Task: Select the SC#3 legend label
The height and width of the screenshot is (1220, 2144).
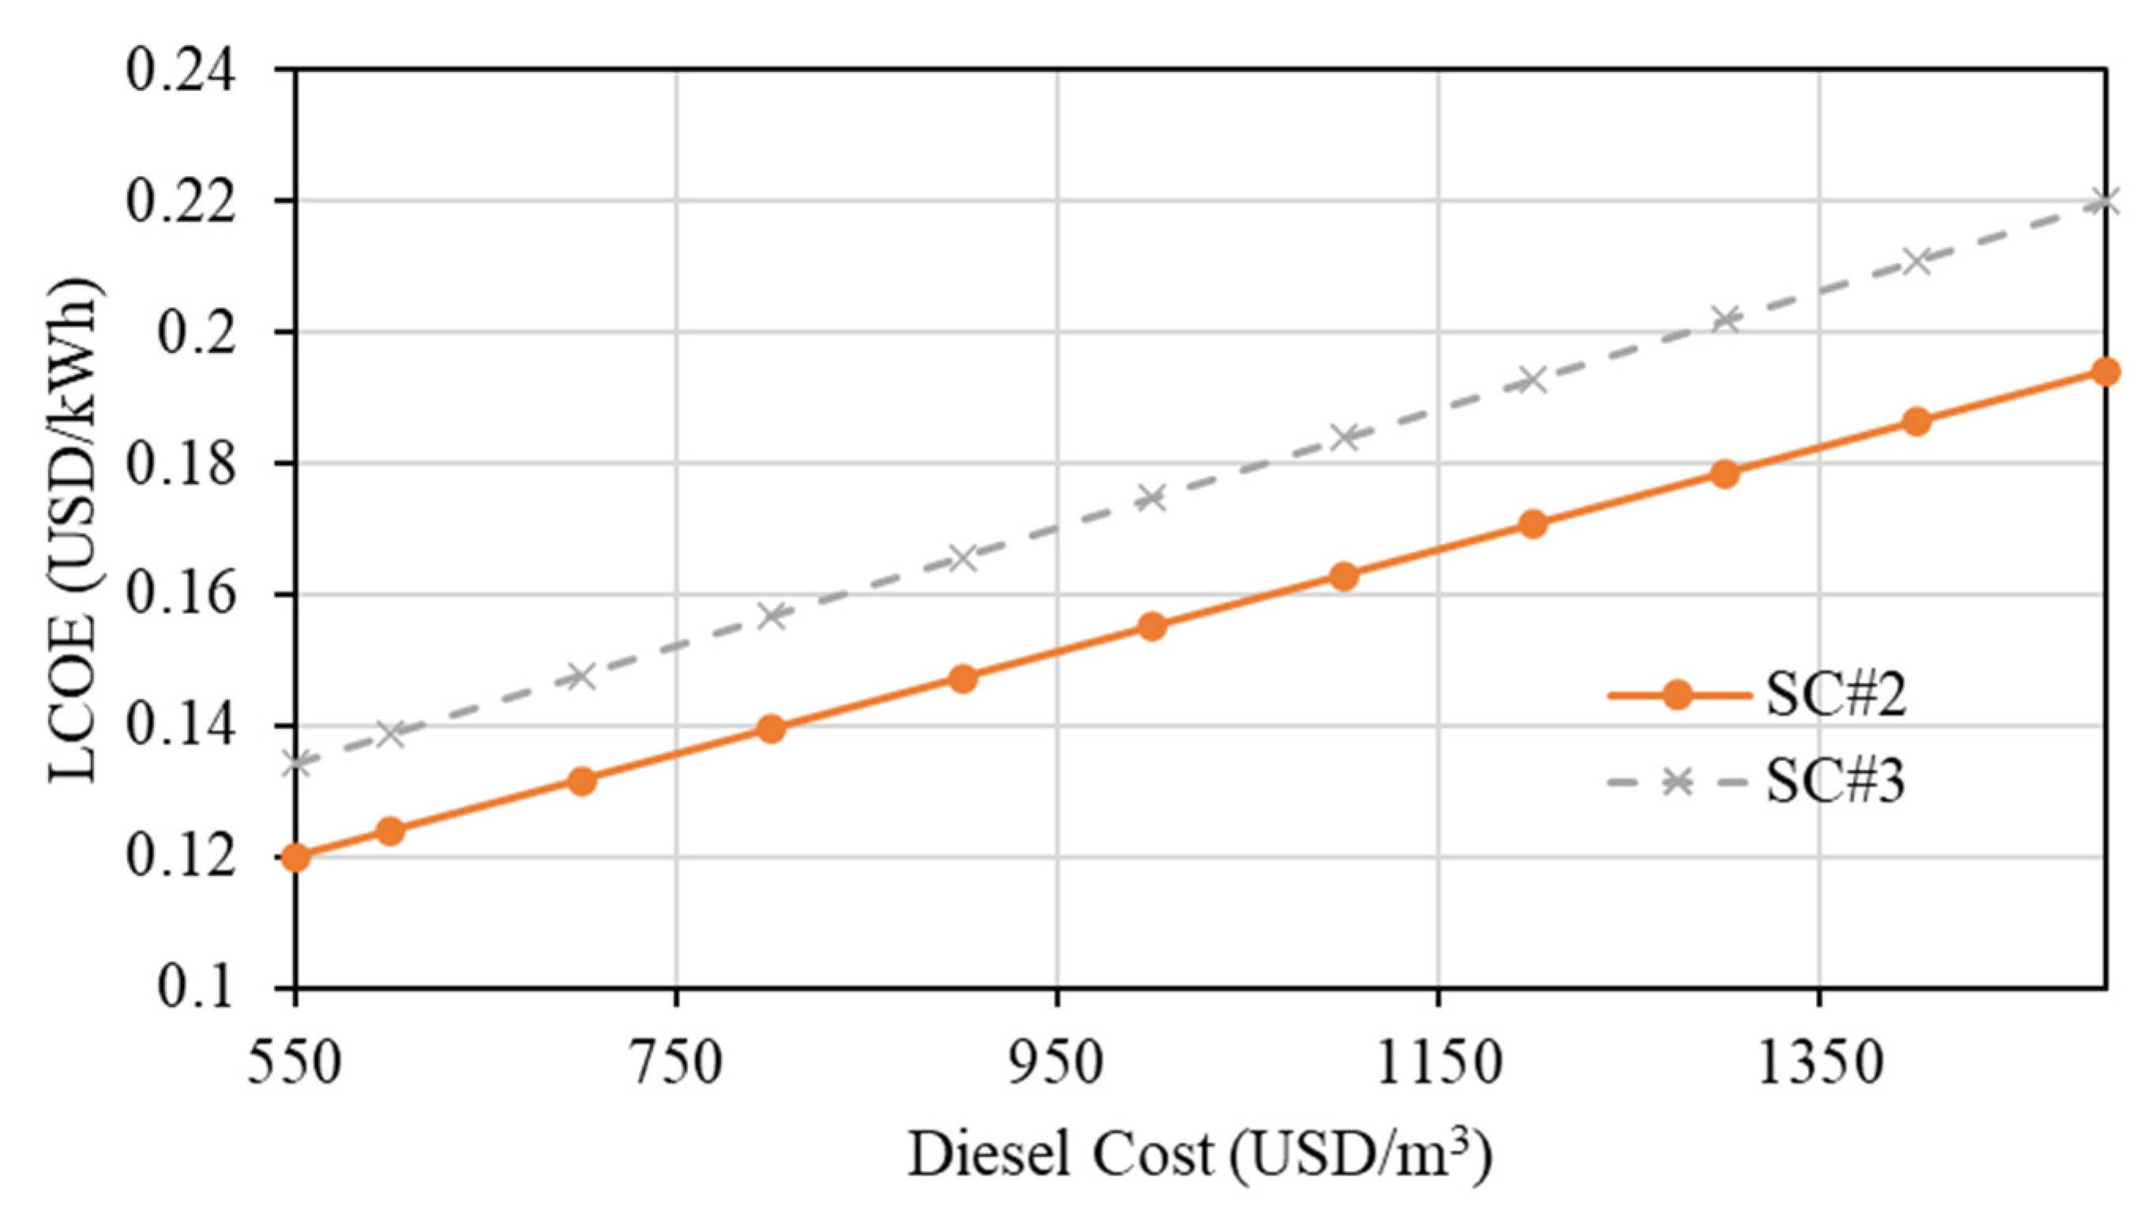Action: pos(1835,783)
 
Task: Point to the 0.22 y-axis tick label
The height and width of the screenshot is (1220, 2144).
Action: pos(182,201)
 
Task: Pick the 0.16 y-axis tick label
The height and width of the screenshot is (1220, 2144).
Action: pos(182,595)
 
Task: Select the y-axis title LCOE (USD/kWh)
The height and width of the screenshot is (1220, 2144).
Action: pos(75,530)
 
